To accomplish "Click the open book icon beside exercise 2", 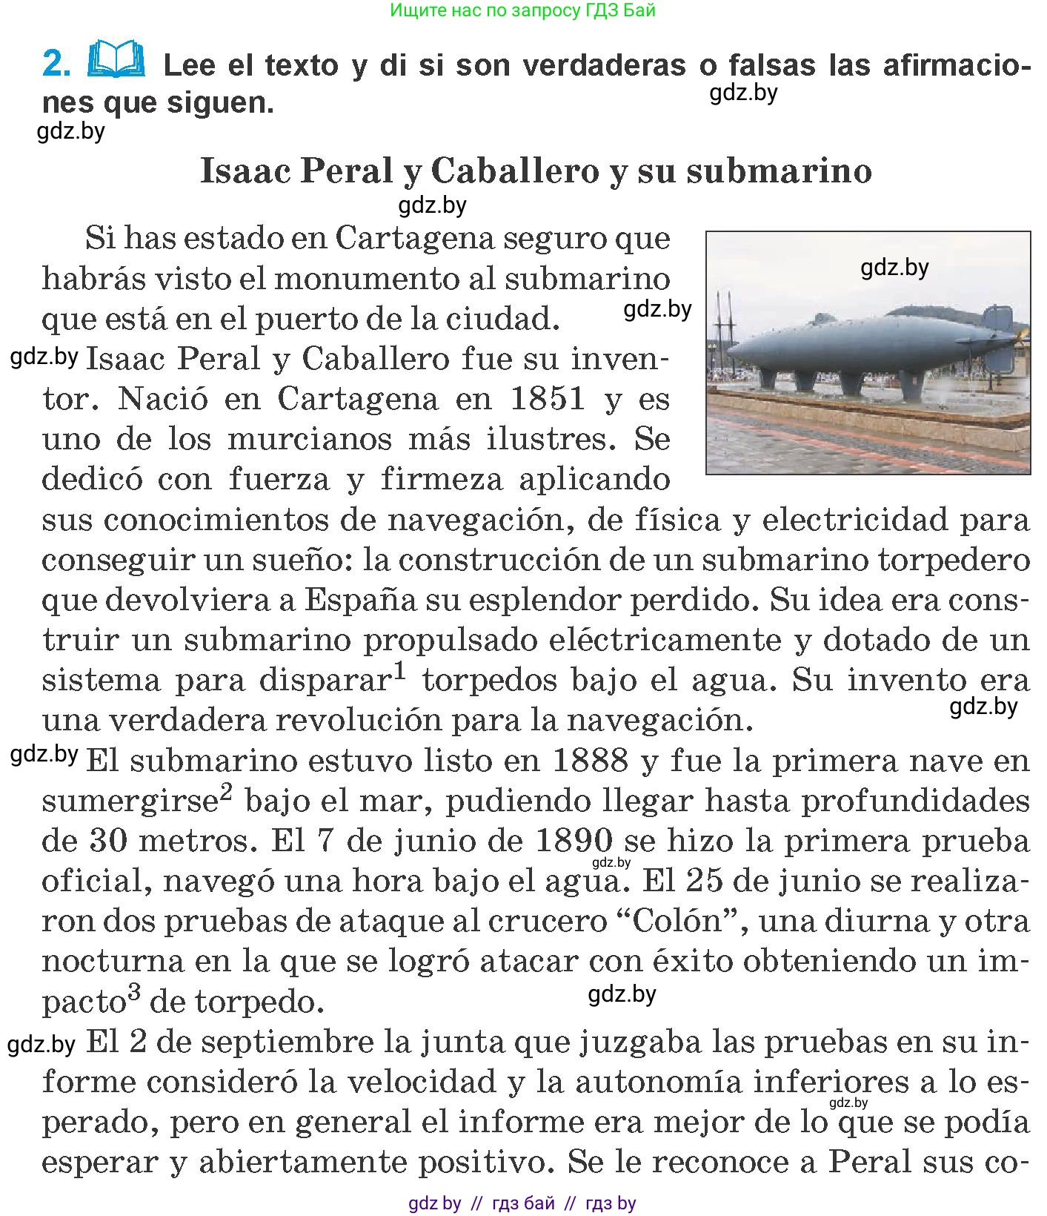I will pyautogui.click(x=116, y=61).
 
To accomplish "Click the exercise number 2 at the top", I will pyautogui.click(x=56, y=64).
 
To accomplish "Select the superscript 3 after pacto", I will pyautogui.click(x=133, y=993).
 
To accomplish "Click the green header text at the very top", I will pyautogui.click(x=522, y=10).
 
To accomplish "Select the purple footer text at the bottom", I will pyautogui.click(x=522, y=1203).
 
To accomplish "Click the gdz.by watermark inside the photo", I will pyautogui.click(x=894, y=268).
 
